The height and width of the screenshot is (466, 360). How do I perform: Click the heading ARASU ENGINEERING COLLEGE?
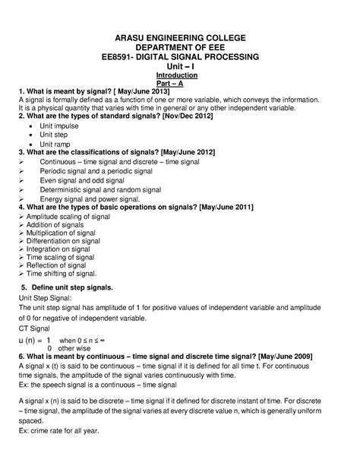180,37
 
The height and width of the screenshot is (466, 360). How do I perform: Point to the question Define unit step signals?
73,287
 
